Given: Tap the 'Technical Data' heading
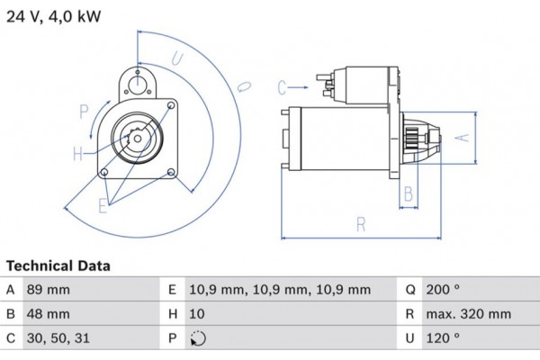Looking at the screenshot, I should pos(58,266).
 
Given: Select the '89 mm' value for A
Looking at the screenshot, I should pos(50,290).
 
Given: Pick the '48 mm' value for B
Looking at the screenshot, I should pos(50,314).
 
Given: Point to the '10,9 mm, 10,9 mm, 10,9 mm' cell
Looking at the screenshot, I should pos(279,290).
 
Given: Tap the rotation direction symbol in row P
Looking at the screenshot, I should pos(199,339).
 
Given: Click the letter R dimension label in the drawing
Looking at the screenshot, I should pos(360,225).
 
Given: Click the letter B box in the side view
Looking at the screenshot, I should pos(408,193).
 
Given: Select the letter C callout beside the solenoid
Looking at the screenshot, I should pos(282,87).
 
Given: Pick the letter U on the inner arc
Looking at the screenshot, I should pos(177,60).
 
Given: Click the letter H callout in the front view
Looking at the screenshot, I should pos(78,153).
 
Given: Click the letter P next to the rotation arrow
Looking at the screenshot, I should pos(84,112).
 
